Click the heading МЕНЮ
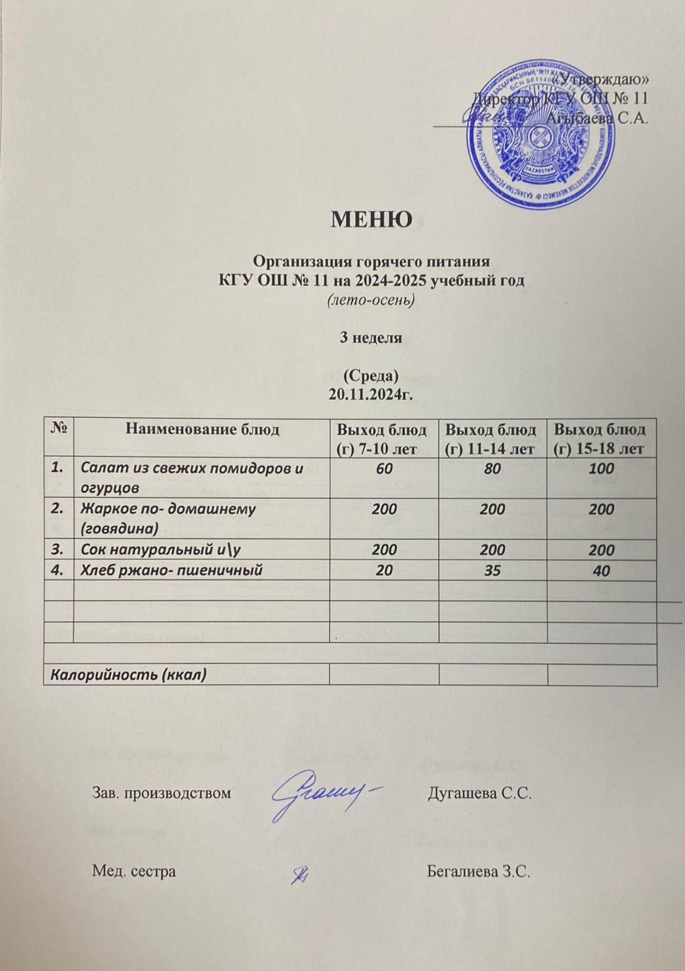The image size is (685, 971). (371, 218)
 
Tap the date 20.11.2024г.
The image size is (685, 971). (370, 395)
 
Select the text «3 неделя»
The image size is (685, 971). (370, 338)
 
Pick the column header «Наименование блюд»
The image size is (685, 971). (202, 430)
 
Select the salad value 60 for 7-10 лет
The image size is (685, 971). (383, 468)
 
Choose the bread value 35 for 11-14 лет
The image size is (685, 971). (492, 570)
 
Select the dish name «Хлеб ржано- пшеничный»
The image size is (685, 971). (172, 570)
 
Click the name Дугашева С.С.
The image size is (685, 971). (480, 793)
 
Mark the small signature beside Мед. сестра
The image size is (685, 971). (300, 874)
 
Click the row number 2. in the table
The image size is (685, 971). (58, 509)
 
